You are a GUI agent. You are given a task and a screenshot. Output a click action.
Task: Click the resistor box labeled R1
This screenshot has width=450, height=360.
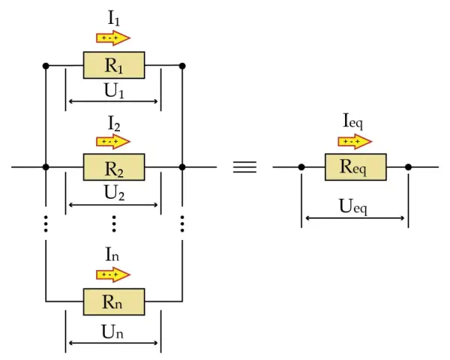tap(114, 65)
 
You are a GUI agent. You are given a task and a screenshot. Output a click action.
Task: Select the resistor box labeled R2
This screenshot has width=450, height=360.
tap(114, 167)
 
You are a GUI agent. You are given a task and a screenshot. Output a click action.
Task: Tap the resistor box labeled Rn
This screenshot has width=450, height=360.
tap(114, 301)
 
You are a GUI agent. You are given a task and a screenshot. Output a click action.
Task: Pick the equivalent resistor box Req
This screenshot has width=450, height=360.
tap(355, 167)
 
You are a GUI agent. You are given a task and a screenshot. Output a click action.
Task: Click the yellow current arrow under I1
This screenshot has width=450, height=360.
tap(113, 38)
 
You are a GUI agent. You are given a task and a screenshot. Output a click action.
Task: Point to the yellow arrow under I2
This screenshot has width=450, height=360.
tap(113, 141)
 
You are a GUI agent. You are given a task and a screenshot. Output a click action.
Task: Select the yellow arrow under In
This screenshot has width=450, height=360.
tap(113, 274)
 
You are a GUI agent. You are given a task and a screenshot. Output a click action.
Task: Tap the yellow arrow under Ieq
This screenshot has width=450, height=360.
tap(355, 141)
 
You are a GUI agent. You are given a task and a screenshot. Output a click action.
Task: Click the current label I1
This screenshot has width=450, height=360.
tap(114, 19)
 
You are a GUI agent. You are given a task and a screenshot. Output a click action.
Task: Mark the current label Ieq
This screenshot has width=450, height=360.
tap(353, 121)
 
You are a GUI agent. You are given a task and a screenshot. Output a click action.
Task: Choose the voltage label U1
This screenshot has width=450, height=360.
tap(114, 91)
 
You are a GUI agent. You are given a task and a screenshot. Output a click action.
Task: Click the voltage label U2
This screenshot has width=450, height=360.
tap(114, 192)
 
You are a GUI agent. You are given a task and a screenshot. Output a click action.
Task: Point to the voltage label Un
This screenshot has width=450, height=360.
tap(112, 331)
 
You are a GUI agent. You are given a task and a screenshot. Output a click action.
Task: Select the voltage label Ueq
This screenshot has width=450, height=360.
tap(353, 206)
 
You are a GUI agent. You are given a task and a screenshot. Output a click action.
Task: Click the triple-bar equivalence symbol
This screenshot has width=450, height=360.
tap(244, 166)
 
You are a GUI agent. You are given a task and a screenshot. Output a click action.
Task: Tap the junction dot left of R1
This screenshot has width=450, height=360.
tap(46, 66)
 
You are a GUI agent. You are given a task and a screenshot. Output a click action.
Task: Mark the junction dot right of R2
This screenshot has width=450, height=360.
tap(182, 166)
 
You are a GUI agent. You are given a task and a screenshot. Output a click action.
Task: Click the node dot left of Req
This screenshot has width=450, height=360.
tap(301, 166)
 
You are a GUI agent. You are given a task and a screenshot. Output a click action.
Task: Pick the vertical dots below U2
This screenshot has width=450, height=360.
tap(114, 223)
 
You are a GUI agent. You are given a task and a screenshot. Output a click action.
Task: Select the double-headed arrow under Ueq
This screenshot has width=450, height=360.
tap(355, 218)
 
